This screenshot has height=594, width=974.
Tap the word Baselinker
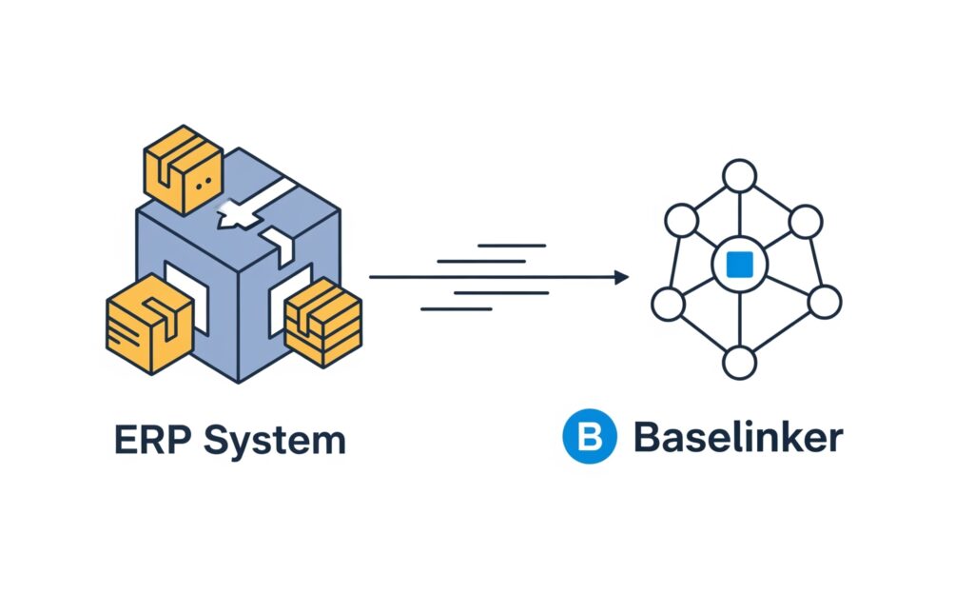[x=737, y=438]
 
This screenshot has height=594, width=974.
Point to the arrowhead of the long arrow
[x=622, y=277]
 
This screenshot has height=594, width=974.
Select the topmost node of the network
[x=738, y=177]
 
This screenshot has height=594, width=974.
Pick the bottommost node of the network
[x=738, y=362]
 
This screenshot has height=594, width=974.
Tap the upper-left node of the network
[x=681, y=222]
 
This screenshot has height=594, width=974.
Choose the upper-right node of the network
[x=805, y=222]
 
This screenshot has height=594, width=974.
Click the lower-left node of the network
[x=668, y=303]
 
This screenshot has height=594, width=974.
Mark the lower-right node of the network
[x=825, y=302]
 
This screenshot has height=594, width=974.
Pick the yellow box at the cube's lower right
[x=323, y=322]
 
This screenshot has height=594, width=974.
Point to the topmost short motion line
[x=511, y=245]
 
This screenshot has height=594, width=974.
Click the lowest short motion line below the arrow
[x=456, y=308]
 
